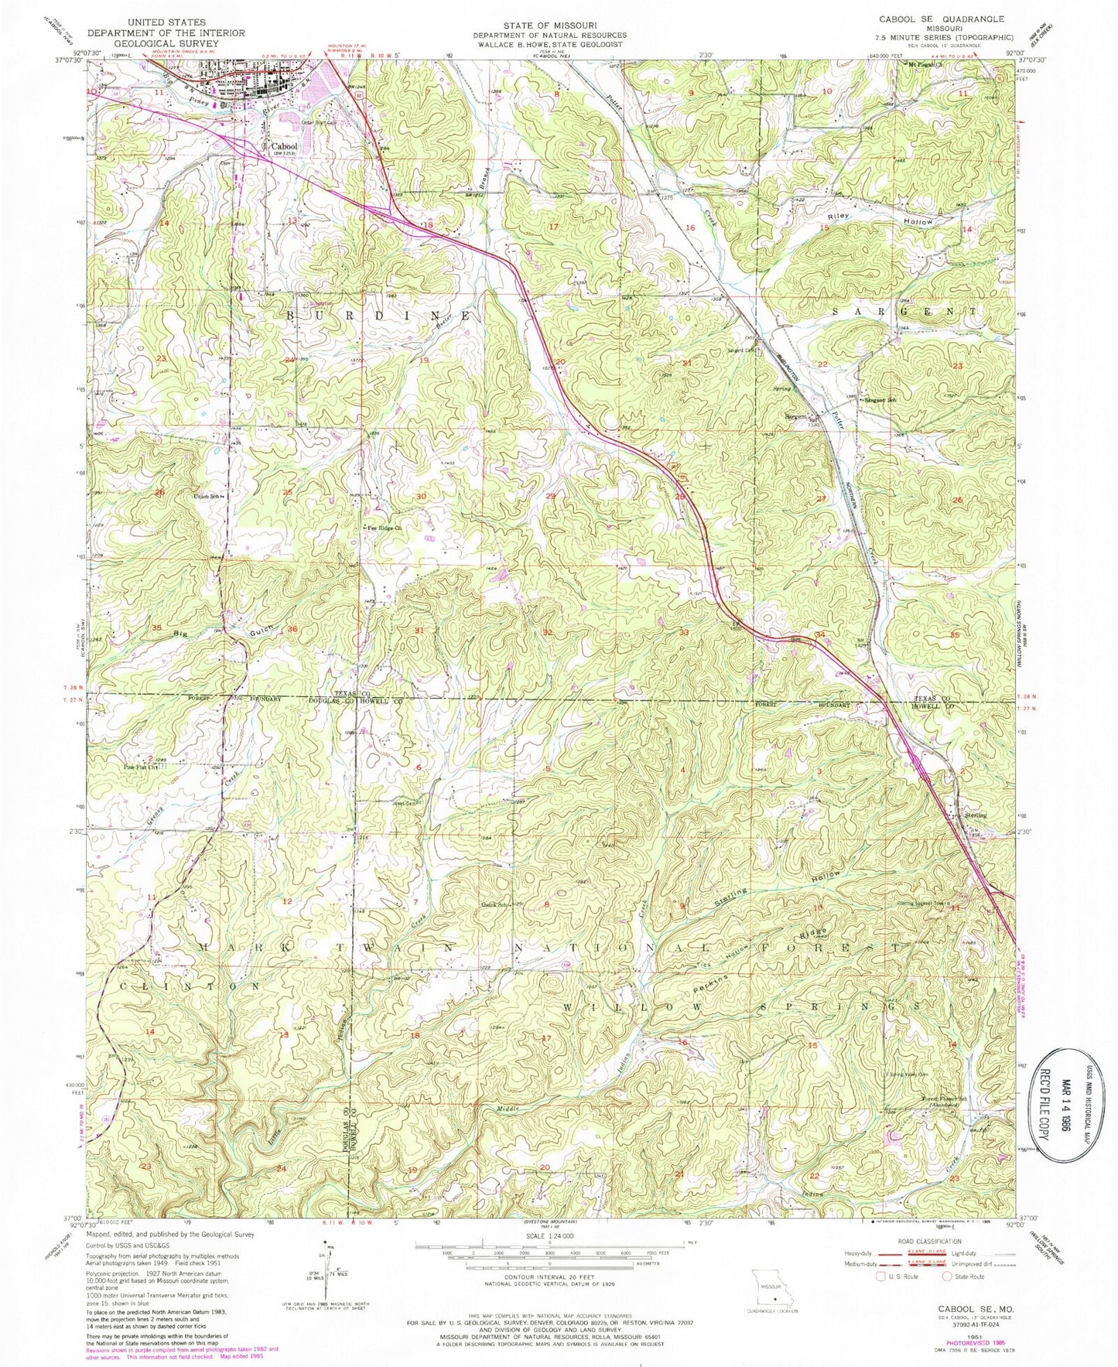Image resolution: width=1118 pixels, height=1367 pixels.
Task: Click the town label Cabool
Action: click(x=282, y=145)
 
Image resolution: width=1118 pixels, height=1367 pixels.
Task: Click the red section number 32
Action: click(x=548, y=632)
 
